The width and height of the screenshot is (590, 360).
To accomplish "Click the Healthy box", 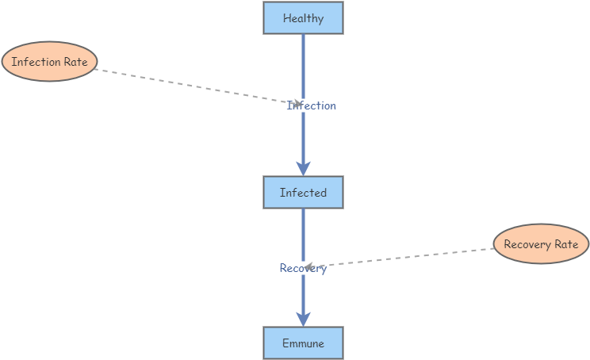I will (x=303, y=18).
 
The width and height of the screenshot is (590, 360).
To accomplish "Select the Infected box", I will (x=303, y=193).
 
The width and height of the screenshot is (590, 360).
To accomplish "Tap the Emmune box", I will (x=303, y=343).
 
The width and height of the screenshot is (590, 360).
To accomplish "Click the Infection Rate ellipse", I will (x=49, y=62).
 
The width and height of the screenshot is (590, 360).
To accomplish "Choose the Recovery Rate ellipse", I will (x=541, y=244).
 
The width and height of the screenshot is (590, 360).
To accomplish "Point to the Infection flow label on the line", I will (x=312, y=105).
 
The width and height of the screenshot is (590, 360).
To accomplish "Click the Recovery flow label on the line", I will (x=303, y=269).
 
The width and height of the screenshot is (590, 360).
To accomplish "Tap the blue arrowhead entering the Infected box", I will (x=303, y=168).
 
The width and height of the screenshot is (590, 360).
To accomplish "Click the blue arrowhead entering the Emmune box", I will (x=303, y=319).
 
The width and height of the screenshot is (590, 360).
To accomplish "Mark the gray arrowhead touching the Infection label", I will (x=297, y=103).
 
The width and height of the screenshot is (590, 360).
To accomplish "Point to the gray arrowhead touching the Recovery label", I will (x=310, y=266).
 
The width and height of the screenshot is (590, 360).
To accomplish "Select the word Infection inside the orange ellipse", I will (x=36, y=62).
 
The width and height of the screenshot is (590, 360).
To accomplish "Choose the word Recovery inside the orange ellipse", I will (x=527, y=244).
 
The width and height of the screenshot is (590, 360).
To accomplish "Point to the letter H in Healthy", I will (x=286, y=18).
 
